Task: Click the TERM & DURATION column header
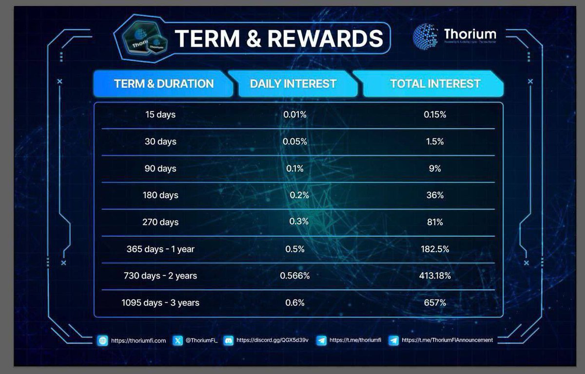tap(164, 84)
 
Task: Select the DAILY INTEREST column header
tap(293, 84)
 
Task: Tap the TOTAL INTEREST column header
tap(435, 84)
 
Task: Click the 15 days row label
tap(160, 115)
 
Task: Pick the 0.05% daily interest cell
tap(295, 142)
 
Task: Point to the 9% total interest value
tap(435, 168)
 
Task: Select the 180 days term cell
tap(160, 195)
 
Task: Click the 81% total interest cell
tap(435, 222)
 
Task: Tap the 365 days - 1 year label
tap(160, 249)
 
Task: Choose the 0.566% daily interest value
tap(295, 276)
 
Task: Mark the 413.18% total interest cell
tap(435, 276)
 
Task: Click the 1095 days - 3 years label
tap(160, 302)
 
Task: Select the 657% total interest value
tap(435, 302)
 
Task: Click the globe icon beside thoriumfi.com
tap(102, 340)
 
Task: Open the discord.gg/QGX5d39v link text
tap(272, 340)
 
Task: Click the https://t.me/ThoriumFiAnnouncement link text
tap(447, 340)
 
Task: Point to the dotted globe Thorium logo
tap(426, 36)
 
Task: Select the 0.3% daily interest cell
tap(299, 222)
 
